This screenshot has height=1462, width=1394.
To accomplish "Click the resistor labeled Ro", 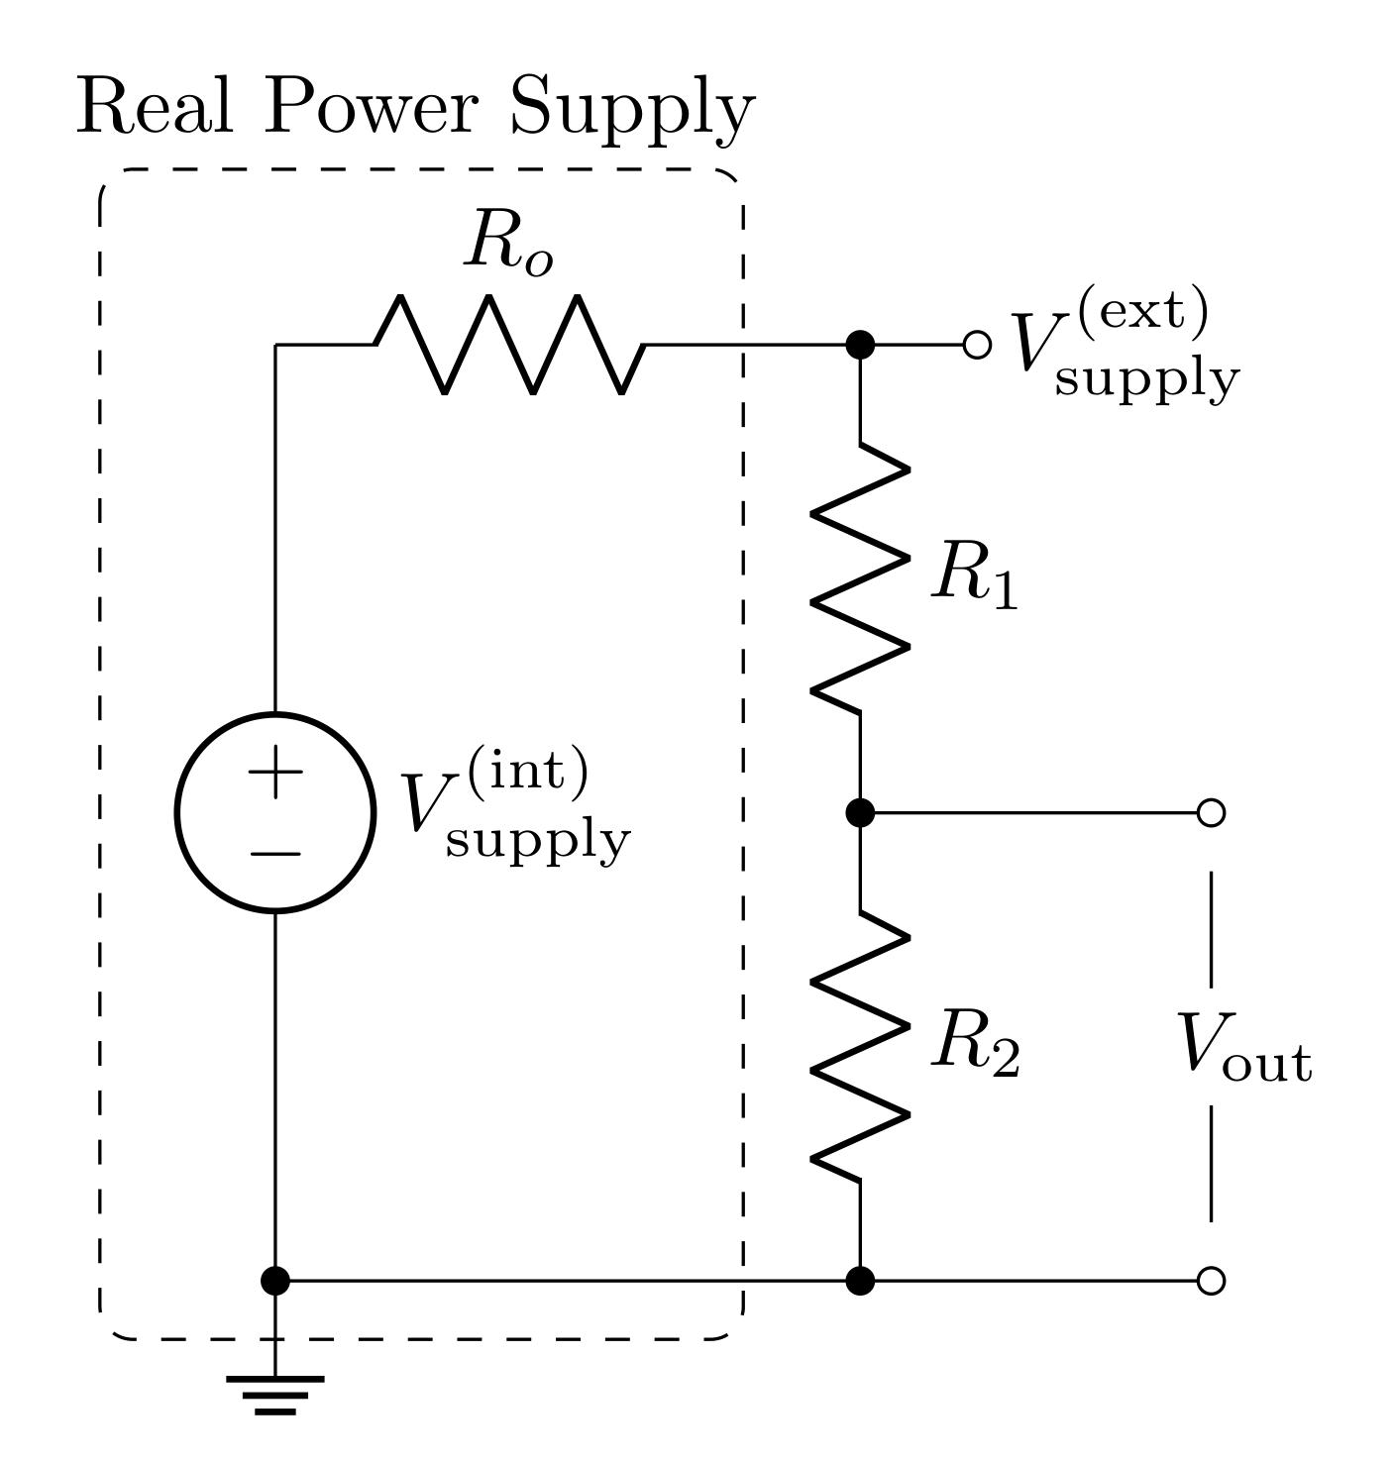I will tap(510, 345).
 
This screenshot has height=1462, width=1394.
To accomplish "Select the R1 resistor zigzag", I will tap(860, 577).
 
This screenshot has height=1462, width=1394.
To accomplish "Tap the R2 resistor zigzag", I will tap(860, 1046).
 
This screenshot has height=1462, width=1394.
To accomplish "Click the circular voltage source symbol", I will tap(275, 812).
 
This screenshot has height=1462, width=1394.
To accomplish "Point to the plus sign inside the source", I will tap(275, 773).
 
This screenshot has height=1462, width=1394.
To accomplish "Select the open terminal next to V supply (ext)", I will tap(977, 345).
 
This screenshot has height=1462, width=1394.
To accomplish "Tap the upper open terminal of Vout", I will tap(1211, 812).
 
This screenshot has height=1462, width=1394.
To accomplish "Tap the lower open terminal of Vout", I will tap(1211, 1281).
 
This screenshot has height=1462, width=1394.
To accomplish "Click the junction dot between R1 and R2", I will tap(860, 812).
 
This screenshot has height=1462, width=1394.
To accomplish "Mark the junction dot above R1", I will tap(860, 345).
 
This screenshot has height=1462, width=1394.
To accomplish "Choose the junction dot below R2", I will tap(860, 1281).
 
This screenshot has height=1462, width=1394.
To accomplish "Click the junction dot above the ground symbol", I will tap(275, 1281).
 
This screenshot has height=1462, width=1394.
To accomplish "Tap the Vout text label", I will tap(1243, 1048).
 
